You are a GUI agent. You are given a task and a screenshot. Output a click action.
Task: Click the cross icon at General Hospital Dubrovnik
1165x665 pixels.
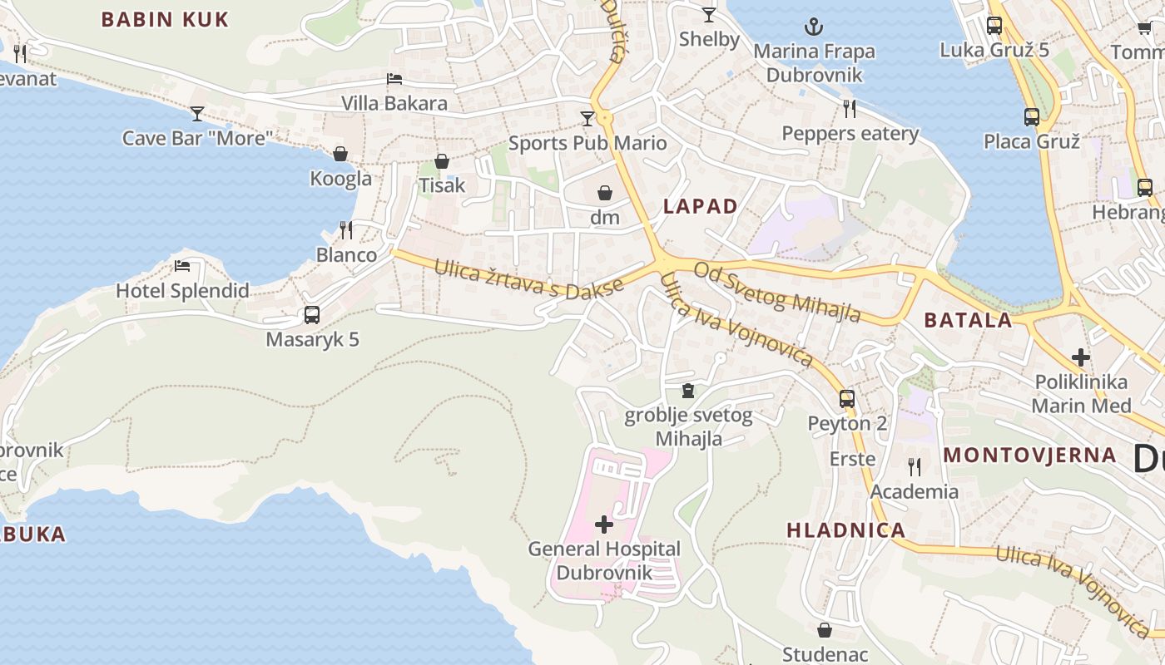(604, 525)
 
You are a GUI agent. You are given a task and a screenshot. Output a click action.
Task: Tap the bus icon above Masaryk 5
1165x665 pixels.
(312, 315)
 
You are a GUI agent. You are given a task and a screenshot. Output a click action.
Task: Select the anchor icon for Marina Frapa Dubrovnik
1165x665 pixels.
(814, 26)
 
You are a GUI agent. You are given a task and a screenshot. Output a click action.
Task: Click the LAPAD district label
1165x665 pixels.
(700, 207)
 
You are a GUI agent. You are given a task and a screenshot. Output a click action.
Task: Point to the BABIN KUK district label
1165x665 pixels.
(165, 20)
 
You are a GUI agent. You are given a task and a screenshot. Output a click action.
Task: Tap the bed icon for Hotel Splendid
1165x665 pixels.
(182, 266)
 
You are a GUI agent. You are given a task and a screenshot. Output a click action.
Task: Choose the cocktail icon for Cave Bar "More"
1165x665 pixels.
(197, 113)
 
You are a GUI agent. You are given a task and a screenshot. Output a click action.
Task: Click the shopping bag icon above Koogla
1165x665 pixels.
(340, 154)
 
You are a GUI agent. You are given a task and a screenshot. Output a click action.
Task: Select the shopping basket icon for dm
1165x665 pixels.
(605, 193)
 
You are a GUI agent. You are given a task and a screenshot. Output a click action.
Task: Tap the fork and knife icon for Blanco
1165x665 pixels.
(346, 229)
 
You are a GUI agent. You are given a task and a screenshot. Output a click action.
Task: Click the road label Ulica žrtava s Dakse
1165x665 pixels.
(528, 279)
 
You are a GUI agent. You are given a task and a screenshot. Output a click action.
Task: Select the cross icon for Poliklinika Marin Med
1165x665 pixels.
(1081, 357)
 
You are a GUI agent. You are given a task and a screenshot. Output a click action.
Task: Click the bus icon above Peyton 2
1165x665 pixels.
(847, 399)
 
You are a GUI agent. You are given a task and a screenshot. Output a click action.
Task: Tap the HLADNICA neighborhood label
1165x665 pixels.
(845, 530)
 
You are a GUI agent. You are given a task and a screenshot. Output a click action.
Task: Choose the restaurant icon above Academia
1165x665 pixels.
(915, 466)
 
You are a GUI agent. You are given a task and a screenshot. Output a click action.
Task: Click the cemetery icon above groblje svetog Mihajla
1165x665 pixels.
(688, 391)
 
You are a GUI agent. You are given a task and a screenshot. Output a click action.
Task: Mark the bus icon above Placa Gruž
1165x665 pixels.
(1032, 117)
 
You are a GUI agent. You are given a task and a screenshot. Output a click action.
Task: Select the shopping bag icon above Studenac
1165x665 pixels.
(825, 631)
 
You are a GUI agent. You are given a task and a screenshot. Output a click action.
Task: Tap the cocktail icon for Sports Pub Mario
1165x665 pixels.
(587, 119)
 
